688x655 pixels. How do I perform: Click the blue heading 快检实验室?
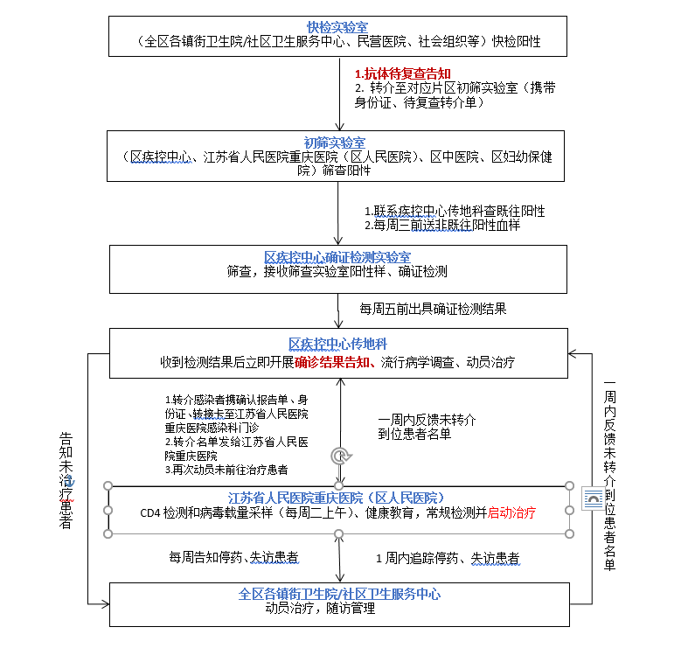337,28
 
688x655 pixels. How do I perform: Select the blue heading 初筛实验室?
335,143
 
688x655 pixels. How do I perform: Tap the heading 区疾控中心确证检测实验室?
337,257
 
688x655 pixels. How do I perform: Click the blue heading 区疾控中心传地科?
337,345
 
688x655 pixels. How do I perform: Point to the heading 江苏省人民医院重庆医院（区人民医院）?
336,498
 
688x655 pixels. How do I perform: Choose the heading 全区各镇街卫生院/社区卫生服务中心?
339,594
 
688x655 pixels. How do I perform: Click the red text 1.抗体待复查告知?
403,73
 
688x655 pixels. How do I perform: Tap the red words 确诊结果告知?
332,362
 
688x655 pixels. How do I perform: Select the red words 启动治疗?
511,512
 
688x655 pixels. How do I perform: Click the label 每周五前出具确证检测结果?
433,309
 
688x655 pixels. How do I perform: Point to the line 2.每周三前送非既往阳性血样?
442,226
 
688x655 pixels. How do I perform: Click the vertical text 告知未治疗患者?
66,481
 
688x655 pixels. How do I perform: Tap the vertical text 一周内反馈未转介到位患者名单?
609,476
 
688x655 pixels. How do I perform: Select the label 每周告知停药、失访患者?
234,558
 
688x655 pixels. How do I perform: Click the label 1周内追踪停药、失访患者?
448,559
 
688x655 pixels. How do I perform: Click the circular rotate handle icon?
340,456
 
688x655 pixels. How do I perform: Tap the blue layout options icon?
594,498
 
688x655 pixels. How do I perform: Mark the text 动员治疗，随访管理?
320,609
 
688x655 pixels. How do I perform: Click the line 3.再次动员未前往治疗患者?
226,470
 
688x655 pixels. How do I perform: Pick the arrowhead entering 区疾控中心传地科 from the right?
572,353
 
